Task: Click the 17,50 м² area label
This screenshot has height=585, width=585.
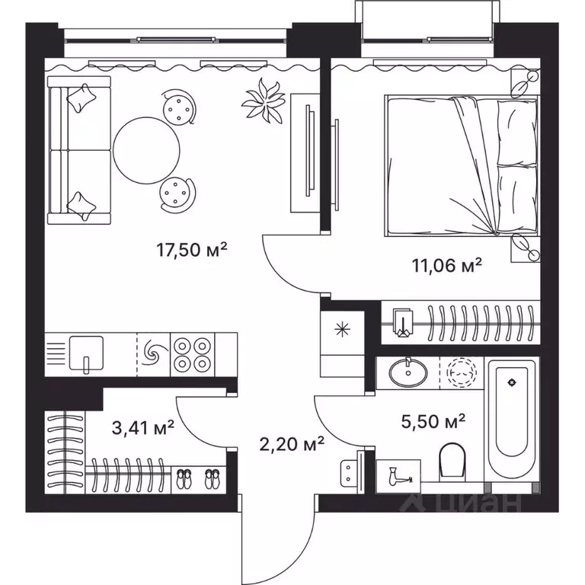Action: click(192, 250)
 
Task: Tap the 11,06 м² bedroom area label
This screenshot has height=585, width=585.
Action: click(447, 266)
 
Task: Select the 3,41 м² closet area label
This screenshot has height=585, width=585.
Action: click(143, 428)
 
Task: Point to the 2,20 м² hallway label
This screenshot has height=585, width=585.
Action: click(292, 444)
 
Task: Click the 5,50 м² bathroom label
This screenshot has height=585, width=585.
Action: click(433, 422)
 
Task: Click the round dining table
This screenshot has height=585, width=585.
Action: click(146, 150)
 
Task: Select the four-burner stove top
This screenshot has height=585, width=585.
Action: click(192, 354)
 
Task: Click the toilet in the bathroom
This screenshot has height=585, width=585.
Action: click(452, 460)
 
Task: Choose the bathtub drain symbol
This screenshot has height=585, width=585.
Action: click(512, 382)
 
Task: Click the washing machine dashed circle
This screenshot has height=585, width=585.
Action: click(462, 372)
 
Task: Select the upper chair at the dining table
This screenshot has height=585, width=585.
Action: click(179, 107)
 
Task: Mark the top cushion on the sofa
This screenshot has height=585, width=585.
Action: click(82, 97)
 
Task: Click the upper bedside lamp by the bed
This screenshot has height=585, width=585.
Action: click(525, 83)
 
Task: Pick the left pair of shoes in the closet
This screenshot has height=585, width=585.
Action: click(183, 479)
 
